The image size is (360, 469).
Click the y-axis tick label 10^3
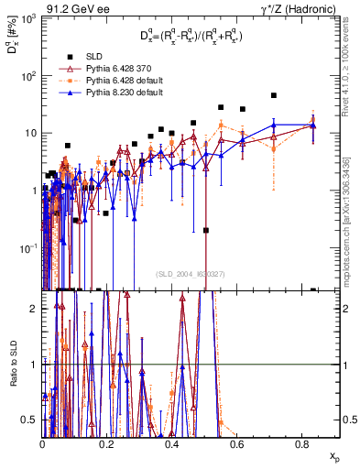coord(28,18)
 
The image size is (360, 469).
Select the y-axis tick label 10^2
coord(28,76)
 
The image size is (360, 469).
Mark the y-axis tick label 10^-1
coord(28,248)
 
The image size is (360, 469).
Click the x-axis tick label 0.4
coord(172,442)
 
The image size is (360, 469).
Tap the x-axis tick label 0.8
coord(301,442)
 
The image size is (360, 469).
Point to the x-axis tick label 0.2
coord(107,442)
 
